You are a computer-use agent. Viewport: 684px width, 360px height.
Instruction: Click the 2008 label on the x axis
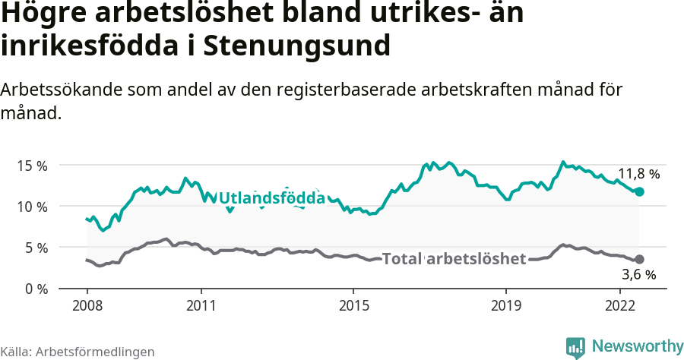(x=87, y=305)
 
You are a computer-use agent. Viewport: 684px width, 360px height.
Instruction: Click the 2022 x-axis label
(x=620, y=305)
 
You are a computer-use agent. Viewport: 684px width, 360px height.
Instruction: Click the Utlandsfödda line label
(x=272, y=198)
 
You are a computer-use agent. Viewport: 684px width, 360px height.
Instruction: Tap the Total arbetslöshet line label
(x=454, y=259)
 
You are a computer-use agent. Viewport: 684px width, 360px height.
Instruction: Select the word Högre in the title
(x=46, y=15)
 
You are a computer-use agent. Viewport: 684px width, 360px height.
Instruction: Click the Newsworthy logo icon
(x=575, y=347)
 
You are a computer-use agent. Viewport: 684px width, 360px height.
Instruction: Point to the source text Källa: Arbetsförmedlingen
(x=78, y=352)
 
